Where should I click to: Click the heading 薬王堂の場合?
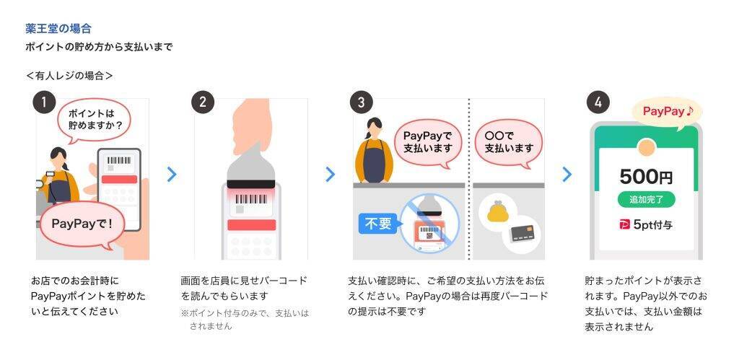58,29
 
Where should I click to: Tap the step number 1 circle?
44,102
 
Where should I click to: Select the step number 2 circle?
203,102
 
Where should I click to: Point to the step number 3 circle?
362,102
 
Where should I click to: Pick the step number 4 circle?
598,102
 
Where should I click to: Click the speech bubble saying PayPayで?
82,225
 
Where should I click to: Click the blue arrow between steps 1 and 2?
172,175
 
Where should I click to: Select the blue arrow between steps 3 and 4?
567,175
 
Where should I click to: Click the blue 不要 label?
379,224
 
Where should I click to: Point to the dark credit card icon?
522,233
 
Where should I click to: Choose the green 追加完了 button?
646,199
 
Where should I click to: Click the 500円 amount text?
646,177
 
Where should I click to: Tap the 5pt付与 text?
652,225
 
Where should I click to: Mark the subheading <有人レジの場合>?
70,76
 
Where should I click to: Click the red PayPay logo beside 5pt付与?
624,225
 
